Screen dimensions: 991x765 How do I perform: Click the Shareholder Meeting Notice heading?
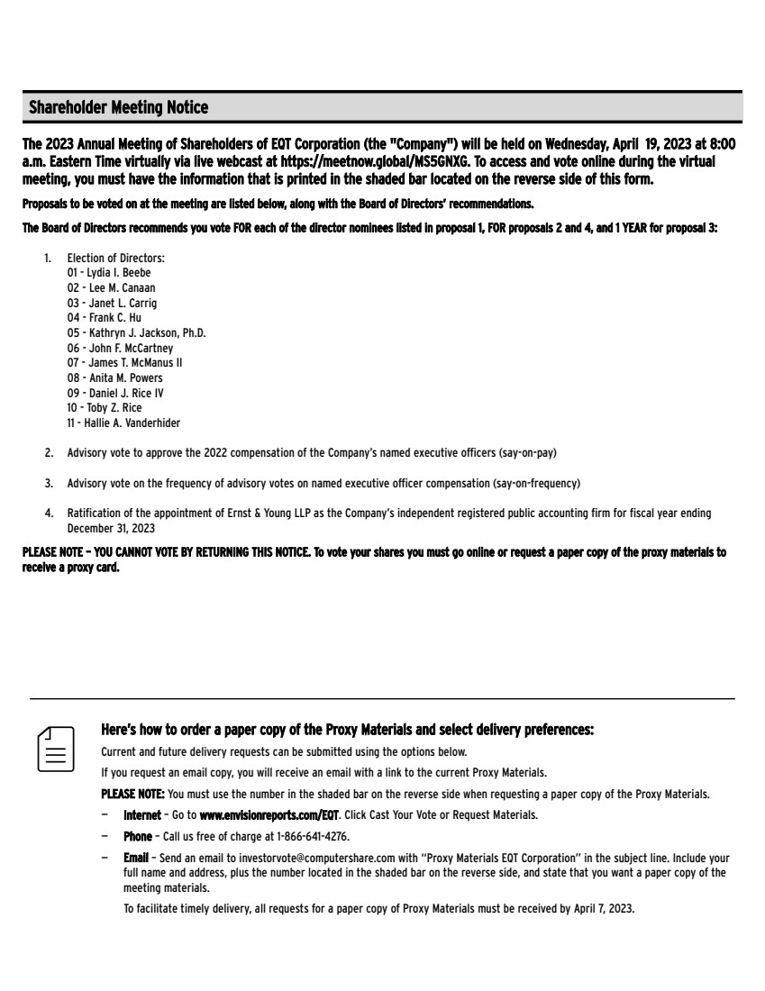pos(118,108)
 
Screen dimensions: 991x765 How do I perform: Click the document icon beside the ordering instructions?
pos(55,748)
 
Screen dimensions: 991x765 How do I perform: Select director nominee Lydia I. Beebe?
pos(119,272)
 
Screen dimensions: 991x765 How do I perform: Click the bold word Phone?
pos(137,836)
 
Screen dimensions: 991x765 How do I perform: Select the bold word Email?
pos(135,859)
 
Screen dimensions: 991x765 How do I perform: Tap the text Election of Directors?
pos(115,259)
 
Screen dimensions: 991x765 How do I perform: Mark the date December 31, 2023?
pos(110,528)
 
